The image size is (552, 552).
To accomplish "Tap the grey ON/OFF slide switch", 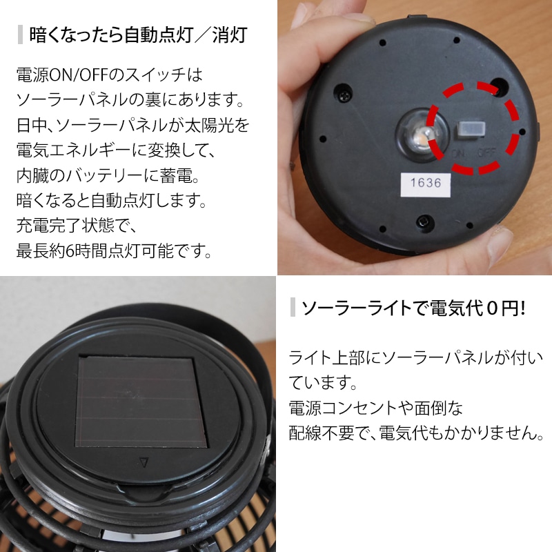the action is point(471,130).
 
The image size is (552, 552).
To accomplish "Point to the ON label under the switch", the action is point(458,154).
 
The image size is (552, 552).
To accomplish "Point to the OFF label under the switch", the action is point(486,153).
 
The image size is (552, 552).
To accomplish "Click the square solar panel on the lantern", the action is point(141,401).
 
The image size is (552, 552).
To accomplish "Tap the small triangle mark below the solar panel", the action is point(144,462).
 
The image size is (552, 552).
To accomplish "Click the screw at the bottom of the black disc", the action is point(422,221).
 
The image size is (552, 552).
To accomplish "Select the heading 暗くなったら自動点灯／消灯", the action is point(139,35).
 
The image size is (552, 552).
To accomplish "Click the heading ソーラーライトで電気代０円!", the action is point(413,308).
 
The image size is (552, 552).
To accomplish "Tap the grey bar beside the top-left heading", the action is point(21,34).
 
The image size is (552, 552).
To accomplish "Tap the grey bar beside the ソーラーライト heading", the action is point(293,307).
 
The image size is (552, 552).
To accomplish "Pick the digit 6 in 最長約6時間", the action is point(70,251).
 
